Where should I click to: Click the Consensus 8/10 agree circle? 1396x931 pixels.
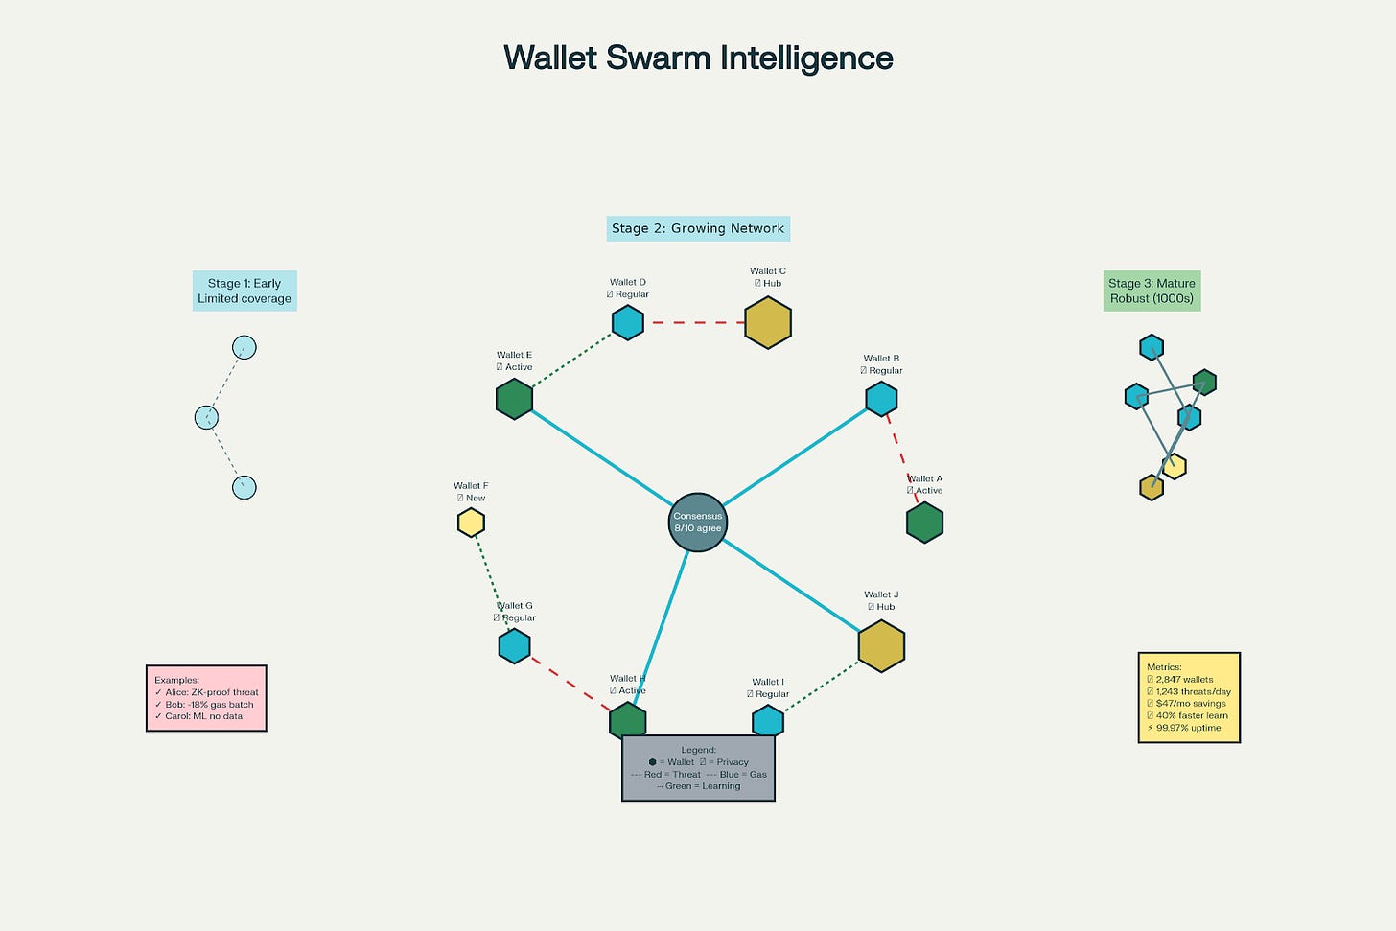pyautogui.click(x=697, y=523)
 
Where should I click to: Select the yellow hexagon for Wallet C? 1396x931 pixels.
pyautogui.click(x=768, y=322)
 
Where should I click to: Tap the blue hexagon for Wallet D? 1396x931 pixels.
pyautogui.click(x=628, y=322)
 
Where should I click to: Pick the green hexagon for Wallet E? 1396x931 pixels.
pyautogui.click(x=514, y=399)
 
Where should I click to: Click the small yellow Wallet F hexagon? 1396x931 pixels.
pyautogui.click(x=471, y=523)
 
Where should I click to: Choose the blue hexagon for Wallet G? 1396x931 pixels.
pyautogui.click(x=514, y=646)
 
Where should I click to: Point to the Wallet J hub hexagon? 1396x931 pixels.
pyautogui.click(x=881, y=646)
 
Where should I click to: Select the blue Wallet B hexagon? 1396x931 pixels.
pyautogui.click(x=881, y=399)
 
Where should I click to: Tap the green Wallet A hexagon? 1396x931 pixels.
pyautogui.click(x=924, y=523)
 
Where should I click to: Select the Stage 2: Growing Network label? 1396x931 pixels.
pyautogui.click(x=698, y=228)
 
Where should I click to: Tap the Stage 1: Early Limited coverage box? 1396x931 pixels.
pyautogui.click(x=244, y=291)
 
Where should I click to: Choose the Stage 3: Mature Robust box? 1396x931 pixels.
pyautogui.click(x=1152, y=291)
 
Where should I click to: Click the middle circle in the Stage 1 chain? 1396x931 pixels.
pyautogui.click(x=206, y=417)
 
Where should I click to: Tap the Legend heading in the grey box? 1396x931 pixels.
pyautogui.click(x=698, y=750)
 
